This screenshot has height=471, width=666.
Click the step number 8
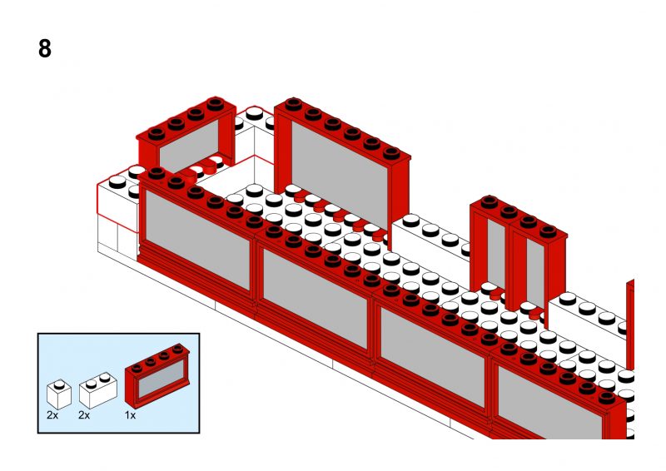tap(45, 49)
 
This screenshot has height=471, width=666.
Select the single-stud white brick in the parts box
tap(57, 392)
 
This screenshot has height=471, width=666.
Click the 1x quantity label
tap(131, 414)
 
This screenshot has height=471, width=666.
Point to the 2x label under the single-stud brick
tap(52, 414)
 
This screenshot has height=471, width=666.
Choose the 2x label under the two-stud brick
tap(84, 414)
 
